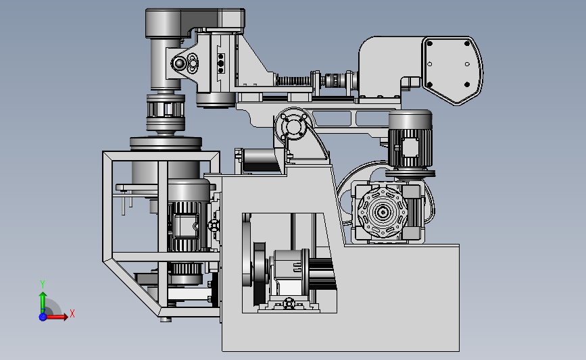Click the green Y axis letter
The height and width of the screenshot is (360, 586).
click(43, 284)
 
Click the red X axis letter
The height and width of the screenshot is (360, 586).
click(72, 313)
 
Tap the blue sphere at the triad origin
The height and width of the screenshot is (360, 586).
click(43, 317)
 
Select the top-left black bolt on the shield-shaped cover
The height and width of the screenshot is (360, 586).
click(430, 44)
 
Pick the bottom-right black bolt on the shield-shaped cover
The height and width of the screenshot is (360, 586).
click(467, 85)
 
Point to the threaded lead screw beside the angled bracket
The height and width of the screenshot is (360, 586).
click(293, 80)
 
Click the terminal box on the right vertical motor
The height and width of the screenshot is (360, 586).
click(410, 147)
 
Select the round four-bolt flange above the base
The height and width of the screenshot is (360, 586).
click(294, 126)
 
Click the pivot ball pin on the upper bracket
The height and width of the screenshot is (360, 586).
click(179, 63)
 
